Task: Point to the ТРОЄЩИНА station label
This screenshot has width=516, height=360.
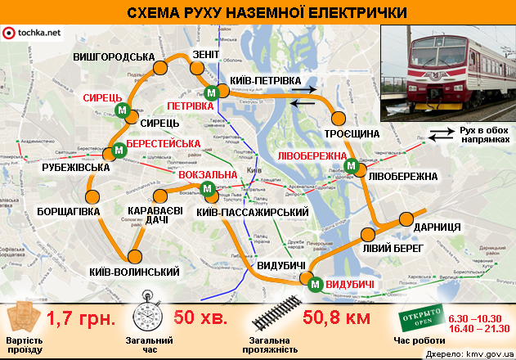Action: pos(352,133)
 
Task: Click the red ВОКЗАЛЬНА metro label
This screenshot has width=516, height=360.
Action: pos(208,175)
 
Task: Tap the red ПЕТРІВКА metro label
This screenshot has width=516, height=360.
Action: pos(190,106)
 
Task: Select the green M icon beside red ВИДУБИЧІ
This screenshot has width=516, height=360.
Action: pos(314,284)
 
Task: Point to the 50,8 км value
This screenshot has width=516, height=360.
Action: pos(336,317)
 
